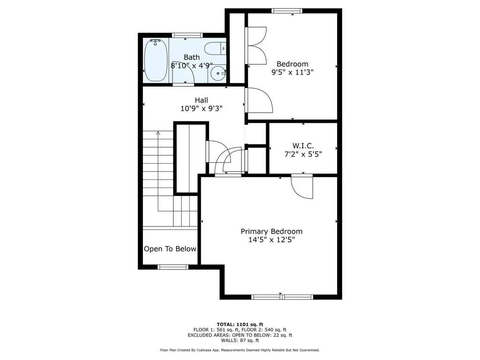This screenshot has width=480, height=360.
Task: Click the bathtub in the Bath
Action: coord(156,60)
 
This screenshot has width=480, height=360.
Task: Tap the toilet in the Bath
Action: coord(215,48)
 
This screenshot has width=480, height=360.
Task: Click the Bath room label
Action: coord(192,57)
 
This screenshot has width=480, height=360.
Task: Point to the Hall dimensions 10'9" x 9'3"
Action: coord(202,108)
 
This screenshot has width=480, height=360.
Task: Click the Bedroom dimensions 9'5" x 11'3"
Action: coord(292,72)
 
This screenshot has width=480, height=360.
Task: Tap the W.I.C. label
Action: coord(303,146)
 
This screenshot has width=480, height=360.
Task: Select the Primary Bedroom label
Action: coord(271,232)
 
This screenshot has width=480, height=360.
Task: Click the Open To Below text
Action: coord(170,249)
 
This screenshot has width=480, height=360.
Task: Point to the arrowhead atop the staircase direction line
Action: coord(158,133)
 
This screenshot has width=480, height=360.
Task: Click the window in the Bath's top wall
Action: coord(187,35)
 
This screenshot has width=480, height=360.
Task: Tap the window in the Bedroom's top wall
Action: coord(287,11)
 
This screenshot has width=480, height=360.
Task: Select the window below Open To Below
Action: coord(173,267)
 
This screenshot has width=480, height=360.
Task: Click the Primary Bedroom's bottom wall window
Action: coord(282,297)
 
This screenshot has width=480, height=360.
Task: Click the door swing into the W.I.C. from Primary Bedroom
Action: coord(302,187)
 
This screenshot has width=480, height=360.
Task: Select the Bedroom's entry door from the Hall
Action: coord(259,100)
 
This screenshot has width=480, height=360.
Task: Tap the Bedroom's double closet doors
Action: coord(256,45)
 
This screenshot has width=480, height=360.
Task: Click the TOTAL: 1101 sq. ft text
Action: coord(240,324)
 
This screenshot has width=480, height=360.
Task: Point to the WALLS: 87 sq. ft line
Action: coord(240,340)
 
